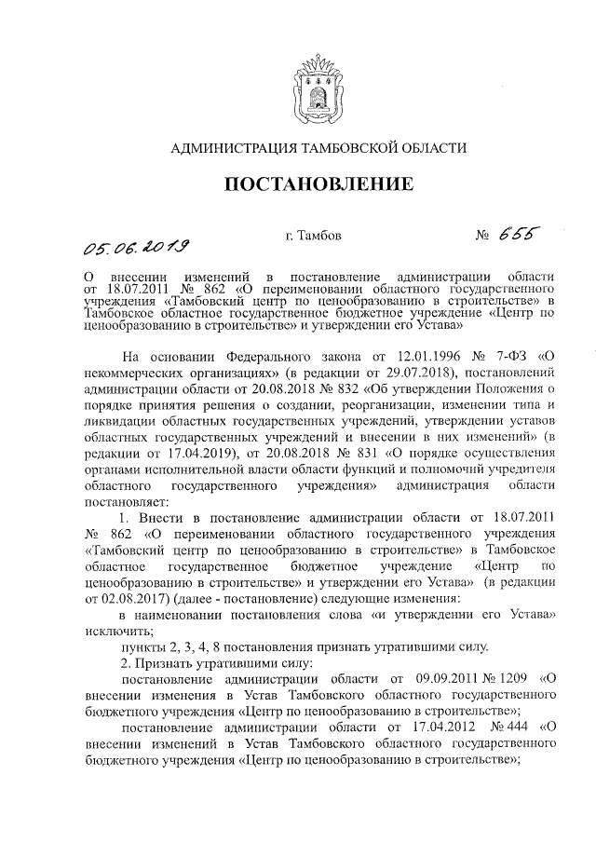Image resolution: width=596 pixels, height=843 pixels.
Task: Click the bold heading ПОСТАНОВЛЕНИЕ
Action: tap(308, 185)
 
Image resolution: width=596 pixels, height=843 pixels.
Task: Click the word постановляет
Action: tap(121, 498)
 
